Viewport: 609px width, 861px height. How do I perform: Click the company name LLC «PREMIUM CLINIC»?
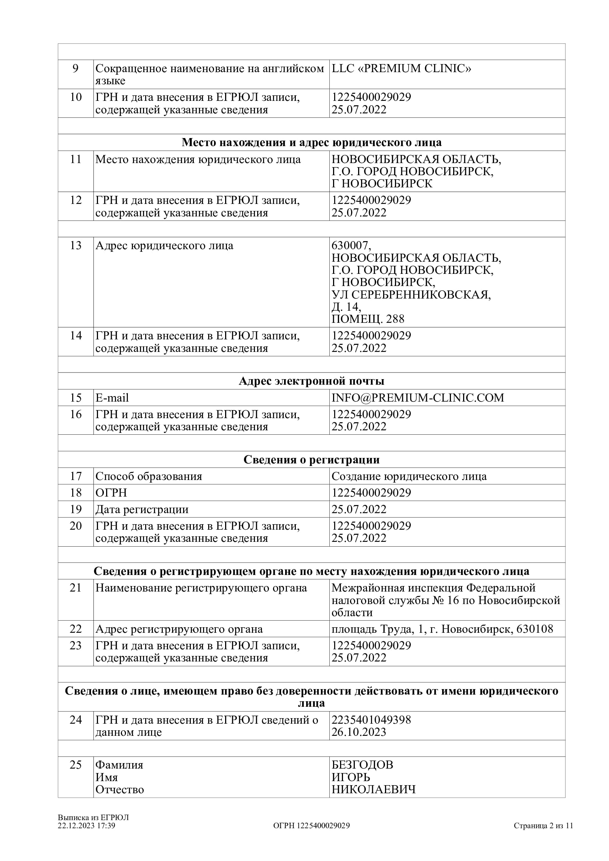(401, 68)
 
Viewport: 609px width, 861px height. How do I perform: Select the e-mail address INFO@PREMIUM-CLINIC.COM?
(418, 398)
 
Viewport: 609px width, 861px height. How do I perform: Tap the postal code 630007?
(351, 246)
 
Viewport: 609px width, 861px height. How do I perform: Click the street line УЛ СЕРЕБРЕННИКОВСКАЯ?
(411, 295)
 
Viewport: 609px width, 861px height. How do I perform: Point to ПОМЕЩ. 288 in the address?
(368, 319)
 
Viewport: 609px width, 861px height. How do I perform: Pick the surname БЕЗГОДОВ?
(362, 765)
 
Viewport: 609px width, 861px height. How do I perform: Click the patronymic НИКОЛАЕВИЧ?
(373, 789)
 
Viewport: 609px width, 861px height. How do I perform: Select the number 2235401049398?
(371, 720)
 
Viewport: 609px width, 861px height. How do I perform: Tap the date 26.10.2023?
(359, 732)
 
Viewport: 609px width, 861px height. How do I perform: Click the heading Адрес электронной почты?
(311, 381)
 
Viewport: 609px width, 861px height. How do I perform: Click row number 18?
(76, 493)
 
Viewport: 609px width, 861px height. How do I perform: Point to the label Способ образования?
(148, 476)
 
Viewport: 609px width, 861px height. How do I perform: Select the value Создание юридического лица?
(409, 476)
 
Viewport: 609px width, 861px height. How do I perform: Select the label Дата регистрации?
(142, 509)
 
